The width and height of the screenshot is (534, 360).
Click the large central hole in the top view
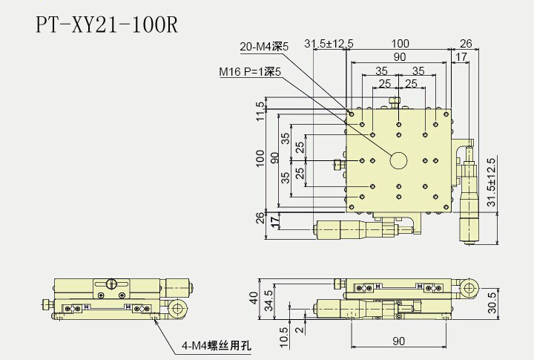(399, 160)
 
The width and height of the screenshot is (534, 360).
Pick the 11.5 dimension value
(260, 110)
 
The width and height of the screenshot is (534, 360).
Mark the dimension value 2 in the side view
(298, 330)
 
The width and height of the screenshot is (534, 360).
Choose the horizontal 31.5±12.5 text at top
(329, 44)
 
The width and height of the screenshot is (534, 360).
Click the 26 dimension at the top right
(466, 44)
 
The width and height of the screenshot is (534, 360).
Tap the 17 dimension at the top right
(461, 56)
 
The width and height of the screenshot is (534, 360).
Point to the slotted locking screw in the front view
(111, 283)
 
